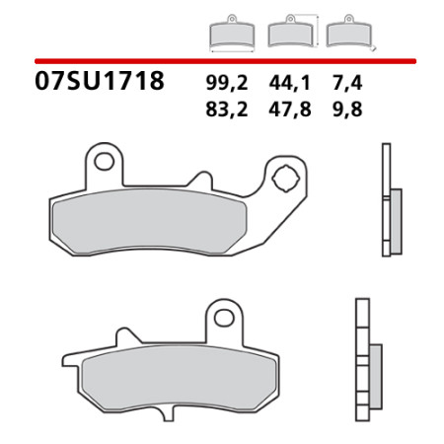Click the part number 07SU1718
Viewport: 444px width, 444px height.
(100, 81)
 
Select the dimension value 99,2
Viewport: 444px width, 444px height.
(227, 83)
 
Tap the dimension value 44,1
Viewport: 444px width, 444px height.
(289, 83)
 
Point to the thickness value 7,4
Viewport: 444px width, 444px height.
(347, 83)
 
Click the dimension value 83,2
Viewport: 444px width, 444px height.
(227, 110)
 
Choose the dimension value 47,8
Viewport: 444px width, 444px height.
(290, 110)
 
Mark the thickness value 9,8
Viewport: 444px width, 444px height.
(347, 110)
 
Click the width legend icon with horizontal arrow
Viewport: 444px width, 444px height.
(232, 34)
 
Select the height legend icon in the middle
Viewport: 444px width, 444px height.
(293, 32)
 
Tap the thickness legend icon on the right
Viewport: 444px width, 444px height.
(350, 33)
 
